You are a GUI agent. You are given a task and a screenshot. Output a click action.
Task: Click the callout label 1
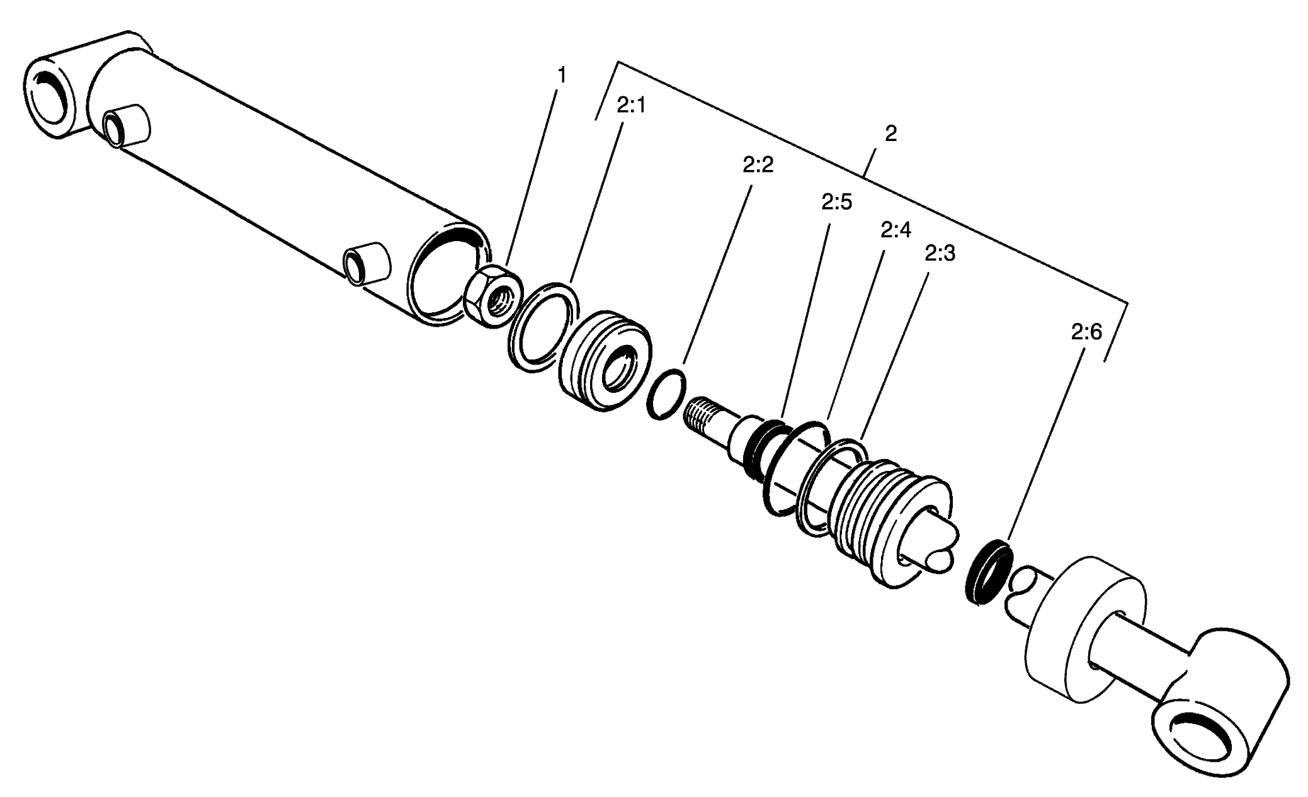coord(561,76)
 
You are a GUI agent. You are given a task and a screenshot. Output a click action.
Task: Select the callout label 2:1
coord(631,106)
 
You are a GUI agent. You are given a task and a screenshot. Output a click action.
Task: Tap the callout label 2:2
coord(758,165)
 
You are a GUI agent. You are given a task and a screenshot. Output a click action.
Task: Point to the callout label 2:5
coord(836,202)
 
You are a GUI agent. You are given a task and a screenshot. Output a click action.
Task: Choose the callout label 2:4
coord(896,230)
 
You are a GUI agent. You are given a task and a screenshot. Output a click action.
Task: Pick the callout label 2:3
coord(940,253)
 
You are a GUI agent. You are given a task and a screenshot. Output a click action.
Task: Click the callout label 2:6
coord(1086,332)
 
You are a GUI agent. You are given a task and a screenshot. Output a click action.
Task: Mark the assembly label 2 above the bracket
coord(890,133)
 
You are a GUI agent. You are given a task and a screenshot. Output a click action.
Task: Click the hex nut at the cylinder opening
coord(493,295)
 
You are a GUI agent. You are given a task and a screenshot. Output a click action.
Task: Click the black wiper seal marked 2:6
coord(989,571)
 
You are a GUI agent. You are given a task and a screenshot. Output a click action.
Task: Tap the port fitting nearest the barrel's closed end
coord(126,128)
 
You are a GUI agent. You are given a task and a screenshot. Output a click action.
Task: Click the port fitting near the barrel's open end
coord(367,263)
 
